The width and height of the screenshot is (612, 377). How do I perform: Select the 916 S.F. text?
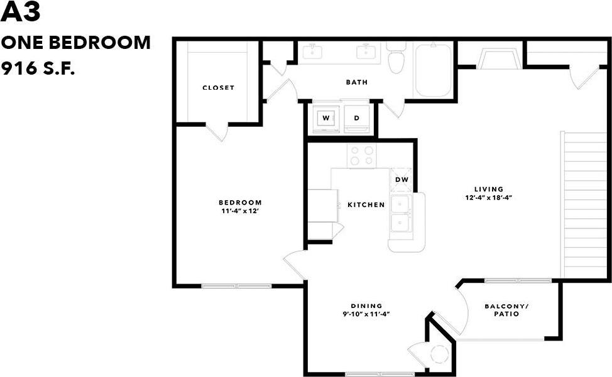coord(38,68)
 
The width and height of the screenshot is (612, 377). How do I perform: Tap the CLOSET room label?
coord(218,88)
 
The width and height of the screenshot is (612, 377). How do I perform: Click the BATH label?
coord(356,82)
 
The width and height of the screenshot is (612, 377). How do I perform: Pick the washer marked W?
coord(325,118)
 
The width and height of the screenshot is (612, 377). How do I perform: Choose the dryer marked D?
coord(356,118)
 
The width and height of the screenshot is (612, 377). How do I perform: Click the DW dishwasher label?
coord(402,180)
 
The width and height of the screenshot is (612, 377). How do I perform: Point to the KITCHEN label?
coord(366,205)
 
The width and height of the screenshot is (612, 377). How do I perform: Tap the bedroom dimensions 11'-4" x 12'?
coord(239,211)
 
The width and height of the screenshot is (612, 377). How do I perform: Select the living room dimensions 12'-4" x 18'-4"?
coord(489,198)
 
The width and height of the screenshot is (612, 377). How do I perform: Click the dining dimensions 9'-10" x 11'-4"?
coord(366,315)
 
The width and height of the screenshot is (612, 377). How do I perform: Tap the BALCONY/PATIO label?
coord(506,310)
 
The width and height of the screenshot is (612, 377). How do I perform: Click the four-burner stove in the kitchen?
coord(362,156)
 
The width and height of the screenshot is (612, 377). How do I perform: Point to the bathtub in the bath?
coord(433,69)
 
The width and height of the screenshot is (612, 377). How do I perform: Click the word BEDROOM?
coord(239,202)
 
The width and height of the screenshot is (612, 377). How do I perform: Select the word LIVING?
coord(489,189)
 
